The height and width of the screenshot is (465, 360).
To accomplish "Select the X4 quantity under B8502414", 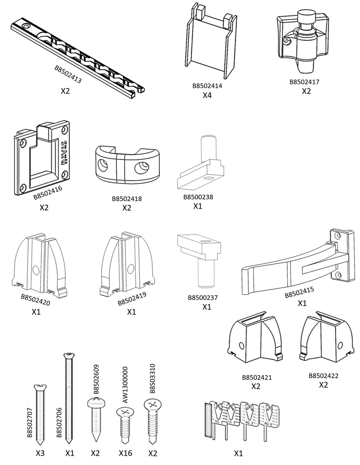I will [207, 95].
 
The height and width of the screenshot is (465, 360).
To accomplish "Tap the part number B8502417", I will [304, 82].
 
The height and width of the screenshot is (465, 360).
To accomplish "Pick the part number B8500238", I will [198, 198].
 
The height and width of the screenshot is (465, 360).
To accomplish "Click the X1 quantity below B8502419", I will [132, 312].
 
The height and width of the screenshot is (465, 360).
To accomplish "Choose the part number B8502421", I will [257, 377].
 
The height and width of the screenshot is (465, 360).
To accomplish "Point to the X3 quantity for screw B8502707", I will [41, 453].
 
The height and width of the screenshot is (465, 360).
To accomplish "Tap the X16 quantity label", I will [125, 453].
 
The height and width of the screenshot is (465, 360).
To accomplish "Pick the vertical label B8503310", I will [153, 378].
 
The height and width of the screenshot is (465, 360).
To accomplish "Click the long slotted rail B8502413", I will [77, 57].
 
